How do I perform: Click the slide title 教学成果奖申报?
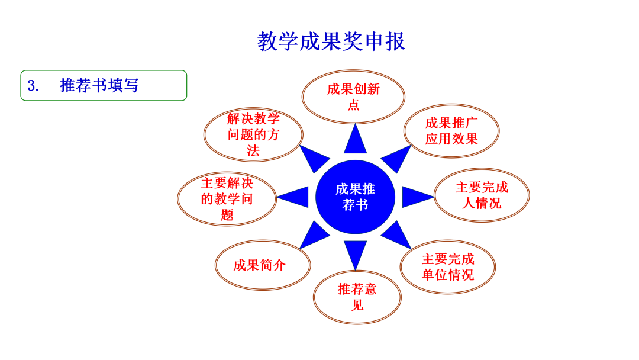click(331, 41)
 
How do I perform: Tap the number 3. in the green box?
click(33, 86)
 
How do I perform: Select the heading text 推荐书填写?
click(99, 86)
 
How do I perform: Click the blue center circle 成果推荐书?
click(355, 197)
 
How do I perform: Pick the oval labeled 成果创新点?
click(353, 97)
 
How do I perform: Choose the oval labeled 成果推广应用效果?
click(451, 131)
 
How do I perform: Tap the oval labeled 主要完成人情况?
click(482, 195)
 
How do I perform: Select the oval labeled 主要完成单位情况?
click(447, 266)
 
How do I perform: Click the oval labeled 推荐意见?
click(357, 297)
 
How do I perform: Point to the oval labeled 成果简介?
click(263, 265)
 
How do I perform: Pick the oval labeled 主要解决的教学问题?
click(227, 198)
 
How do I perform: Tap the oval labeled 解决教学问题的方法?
click(253, 134)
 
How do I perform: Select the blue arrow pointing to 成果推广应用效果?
click(395, 158)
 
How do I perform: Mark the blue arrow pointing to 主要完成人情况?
click(417, 197)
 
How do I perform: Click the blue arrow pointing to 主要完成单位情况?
click(396, 235)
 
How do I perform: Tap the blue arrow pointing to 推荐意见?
click(356, 253)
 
